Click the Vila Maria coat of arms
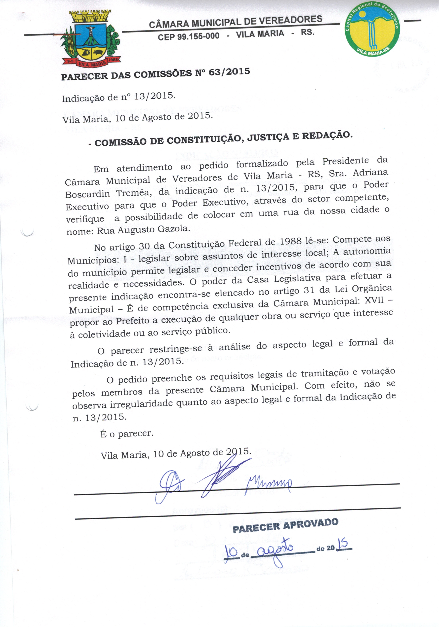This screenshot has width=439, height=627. coord(90,38)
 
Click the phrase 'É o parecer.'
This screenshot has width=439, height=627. coord(127,434)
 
